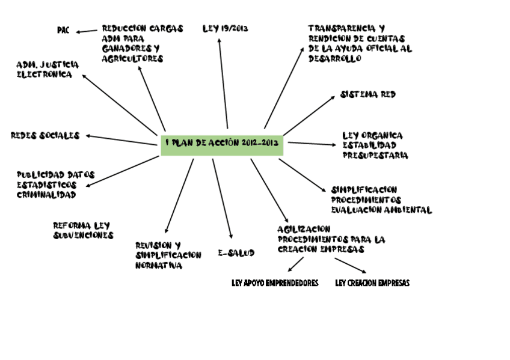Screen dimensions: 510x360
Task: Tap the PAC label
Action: [63, 30]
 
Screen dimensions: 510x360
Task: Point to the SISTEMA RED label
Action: [367, 94]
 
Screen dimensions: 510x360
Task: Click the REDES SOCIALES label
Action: [45, 135]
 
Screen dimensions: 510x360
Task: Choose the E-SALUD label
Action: [236, 253]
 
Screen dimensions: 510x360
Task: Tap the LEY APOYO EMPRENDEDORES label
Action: [275, 283]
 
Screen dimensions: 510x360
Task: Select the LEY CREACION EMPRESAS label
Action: [372, 283]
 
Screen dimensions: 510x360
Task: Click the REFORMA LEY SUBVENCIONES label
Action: [82, 230]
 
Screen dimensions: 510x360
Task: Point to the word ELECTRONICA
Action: [44, 75]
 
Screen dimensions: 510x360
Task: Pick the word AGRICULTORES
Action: [132, 59]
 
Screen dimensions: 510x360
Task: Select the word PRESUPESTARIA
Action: [375, 156]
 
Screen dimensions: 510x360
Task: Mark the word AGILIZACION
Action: [304, 229]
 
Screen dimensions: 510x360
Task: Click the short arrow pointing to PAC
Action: [87, 31]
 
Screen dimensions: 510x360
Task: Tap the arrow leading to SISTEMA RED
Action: [309, 115]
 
